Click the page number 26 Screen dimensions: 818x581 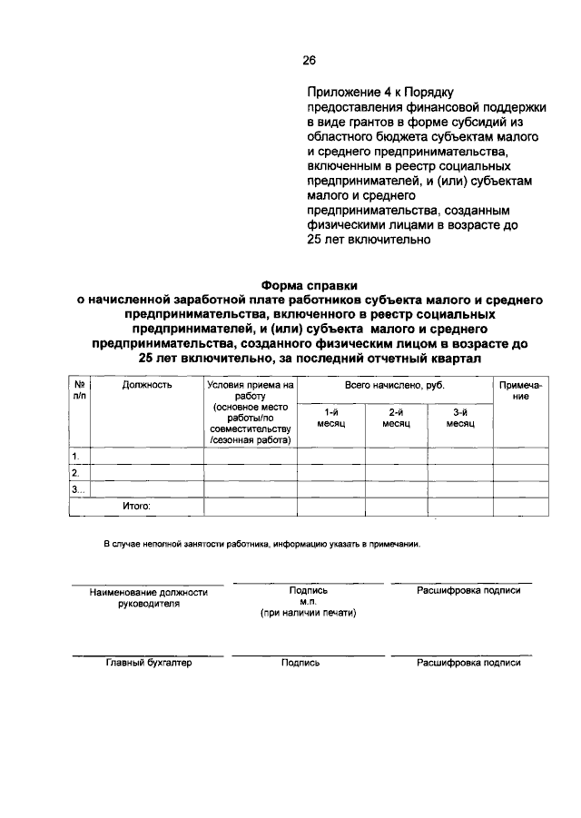pyautogui.click(x=309, y=61)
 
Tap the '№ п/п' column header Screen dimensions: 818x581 pyautogui.click(x=80, y=390)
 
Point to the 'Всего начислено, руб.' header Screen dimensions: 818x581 pyautogui.click(x=394, y=385)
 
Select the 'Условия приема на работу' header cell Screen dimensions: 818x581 pyautogui.click(x=250, y=390)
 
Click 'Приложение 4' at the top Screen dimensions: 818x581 pyautogui.click(x=345, y=92)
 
